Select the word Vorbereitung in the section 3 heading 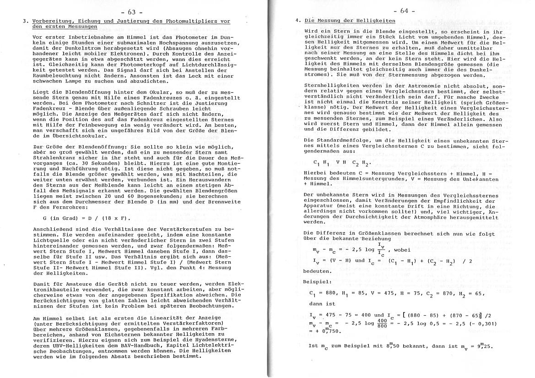pos(50,21)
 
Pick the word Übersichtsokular pos(77,136)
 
